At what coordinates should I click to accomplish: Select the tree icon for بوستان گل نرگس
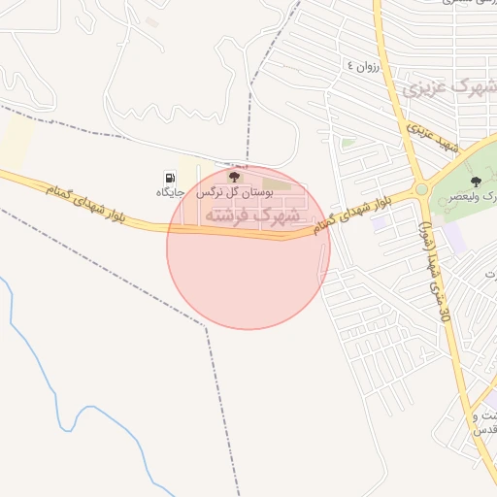click(x=234, y=176)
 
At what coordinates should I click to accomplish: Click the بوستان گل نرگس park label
click(x=234, y=193)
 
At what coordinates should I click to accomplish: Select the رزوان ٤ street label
click(x=361, y=67)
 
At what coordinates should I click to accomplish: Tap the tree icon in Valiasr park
click(x=475, y=182)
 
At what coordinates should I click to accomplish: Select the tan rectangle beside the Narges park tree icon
click(x=277, y=182)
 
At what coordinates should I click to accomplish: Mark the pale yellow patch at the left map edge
click(x=16, y=142)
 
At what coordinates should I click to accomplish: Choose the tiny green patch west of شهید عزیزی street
click(x=348, y=143)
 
